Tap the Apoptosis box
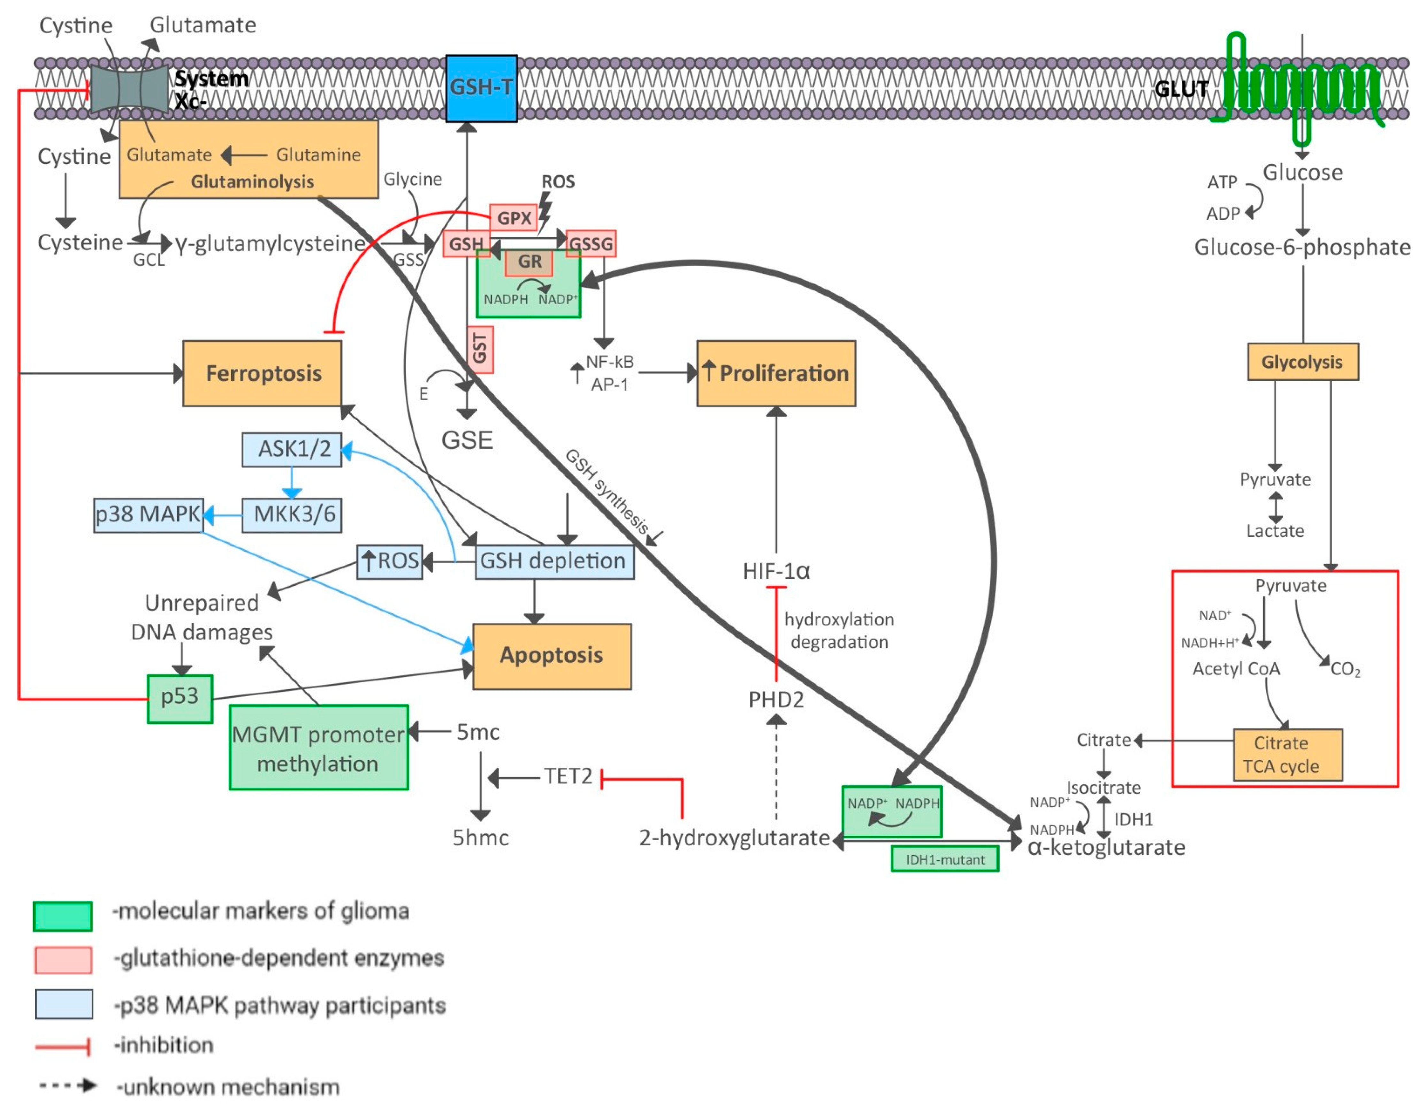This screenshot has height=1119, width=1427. point(552,656)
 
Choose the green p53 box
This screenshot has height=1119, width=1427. point(179,698)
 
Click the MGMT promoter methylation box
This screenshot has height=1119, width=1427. point(318,748)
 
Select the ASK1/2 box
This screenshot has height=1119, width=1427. point(292,449)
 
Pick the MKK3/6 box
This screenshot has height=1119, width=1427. point(292,515)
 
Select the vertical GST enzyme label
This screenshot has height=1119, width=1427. point(480,349)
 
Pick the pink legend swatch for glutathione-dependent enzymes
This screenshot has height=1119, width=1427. point(63,960)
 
